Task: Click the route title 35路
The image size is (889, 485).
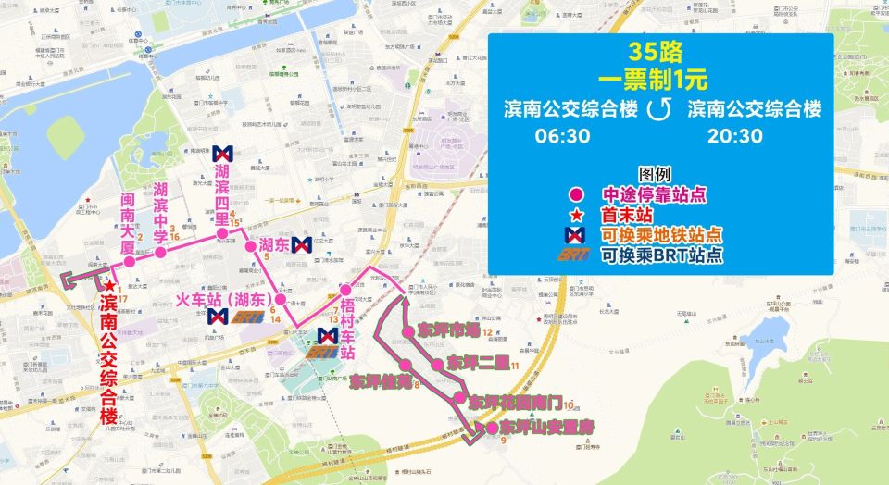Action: point(661,51)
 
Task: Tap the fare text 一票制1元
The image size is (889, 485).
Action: point(661,78)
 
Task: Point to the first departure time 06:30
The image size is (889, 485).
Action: point(561,136)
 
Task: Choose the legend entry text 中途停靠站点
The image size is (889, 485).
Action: point(648,195)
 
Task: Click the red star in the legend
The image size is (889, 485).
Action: point(576,216)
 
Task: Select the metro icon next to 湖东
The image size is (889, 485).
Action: point(299,245)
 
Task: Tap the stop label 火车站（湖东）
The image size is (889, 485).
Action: point(221,299)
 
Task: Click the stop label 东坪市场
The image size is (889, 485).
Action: point(448,330)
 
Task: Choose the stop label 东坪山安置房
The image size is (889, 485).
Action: point(546,428)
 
